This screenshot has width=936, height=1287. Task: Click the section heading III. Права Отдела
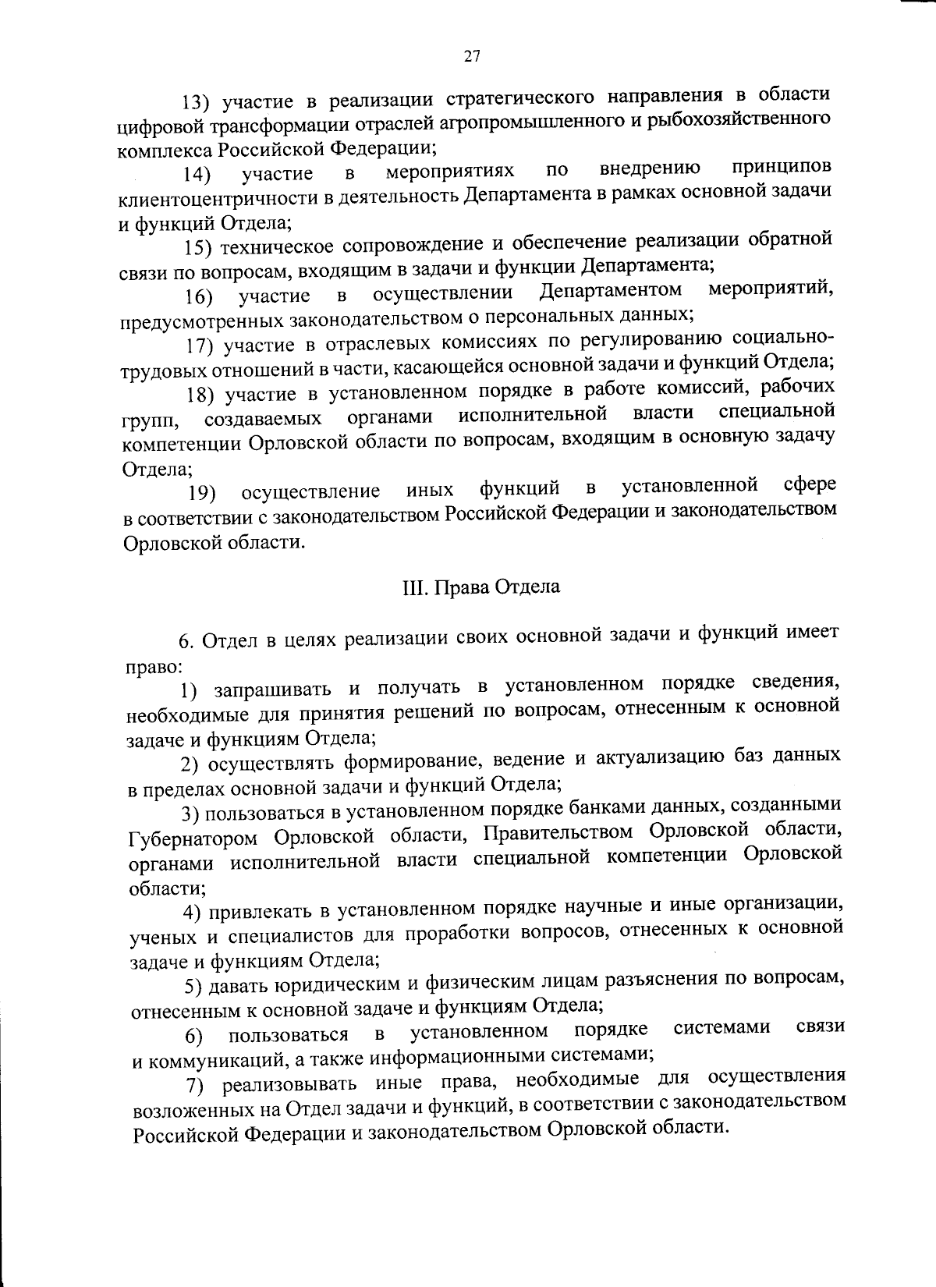[480, 587]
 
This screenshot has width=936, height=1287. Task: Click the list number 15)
[199, 247]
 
